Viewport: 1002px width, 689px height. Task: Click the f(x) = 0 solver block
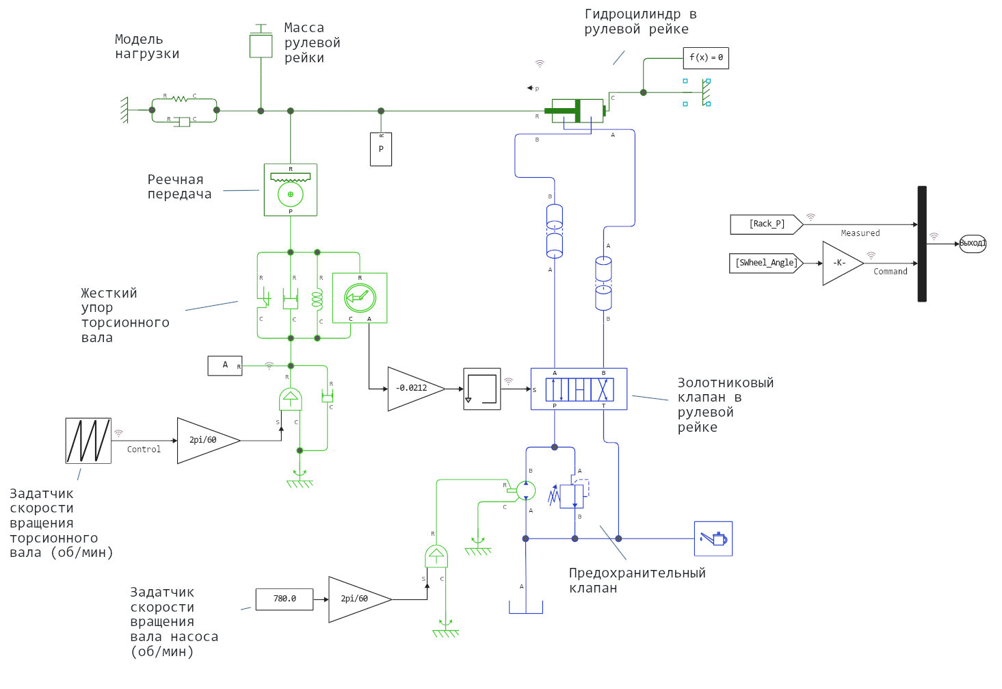706,58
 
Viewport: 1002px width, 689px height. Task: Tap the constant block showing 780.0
285,599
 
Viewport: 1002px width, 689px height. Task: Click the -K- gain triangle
840,263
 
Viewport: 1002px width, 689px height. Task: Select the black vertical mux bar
922,244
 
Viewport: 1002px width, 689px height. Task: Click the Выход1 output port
973,244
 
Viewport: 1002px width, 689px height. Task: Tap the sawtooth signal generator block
88,441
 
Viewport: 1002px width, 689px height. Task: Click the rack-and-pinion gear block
291,190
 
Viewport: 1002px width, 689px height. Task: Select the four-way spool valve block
579,389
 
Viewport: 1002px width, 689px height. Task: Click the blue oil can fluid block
713,538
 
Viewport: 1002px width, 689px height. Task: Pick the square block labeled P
381,149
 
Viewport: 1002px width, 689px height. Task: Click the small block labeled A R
225,365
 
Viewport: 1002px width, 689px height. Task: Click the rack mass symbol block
261,45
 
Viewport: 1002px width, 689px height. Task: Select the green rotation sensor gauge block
360,298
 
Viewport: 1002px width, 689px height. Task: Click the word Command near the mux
891,272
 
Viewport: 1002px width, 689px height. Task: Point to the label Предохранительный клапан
637,580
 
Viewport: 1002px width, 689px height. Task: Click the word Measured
860,233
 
